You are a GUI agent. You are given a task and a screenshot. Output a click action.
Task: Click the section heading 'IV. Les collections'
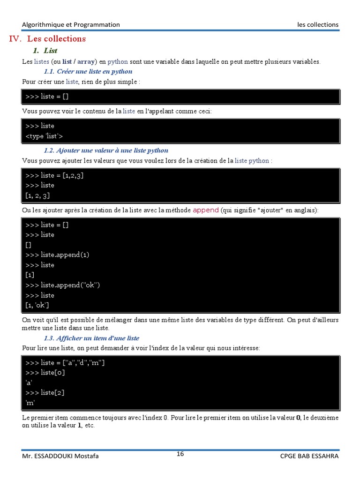point(47,39)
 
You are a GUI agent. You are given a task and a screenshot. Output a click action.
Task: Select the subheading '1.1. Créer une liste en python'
point(88,72)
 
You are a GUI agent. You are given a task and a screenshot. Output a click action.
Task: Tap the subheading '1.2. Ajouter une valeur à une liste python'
point(106,150)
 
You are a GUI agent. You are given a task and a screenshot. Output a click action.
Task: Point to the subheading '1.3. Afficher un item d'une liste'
point(91,338)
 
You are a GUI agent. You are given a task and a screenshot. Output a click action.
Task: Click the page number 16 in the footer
point(180,454)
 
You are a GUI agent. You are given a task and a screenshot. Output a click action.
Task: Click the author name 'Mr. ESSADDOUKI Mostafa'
point(60,456)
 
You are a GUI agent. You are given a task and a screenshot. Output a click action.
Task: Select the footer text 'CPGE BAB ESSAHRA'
point(309,456)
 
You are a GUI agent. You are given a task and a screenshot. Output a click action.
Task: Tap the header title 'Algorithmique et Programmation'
point(71,25)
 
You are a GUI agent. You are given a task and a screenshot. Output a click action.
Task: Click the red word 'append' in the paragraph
point(206,210)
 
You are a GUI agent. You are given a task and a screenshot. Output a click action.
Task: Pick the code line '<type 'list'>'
point(44,136)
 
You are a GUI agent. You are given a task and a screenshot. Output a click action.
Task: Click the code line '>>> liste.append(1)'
point(57,255)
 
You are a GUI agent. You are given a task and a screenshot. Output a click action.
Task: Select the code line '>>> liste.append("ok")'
point(63,285)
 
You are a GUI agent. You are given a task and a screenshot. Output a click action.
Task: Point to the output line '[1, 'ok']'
point(37,306)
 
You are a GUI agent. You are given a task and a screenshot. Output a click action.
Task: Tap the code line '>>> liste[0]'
point(45,373)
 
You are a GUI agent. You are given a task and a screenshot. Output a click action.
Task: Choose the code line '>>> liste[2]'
point(45,393)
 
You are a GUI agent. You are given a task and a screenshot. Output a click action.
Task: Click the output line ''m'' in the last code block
point(30,403)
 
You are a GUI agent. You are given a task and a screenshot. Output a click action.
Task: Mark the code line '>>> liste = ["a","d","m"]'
point(65,363)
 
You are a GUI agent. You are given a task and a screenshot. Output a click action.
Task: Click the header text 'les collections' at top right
point(317,25)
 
